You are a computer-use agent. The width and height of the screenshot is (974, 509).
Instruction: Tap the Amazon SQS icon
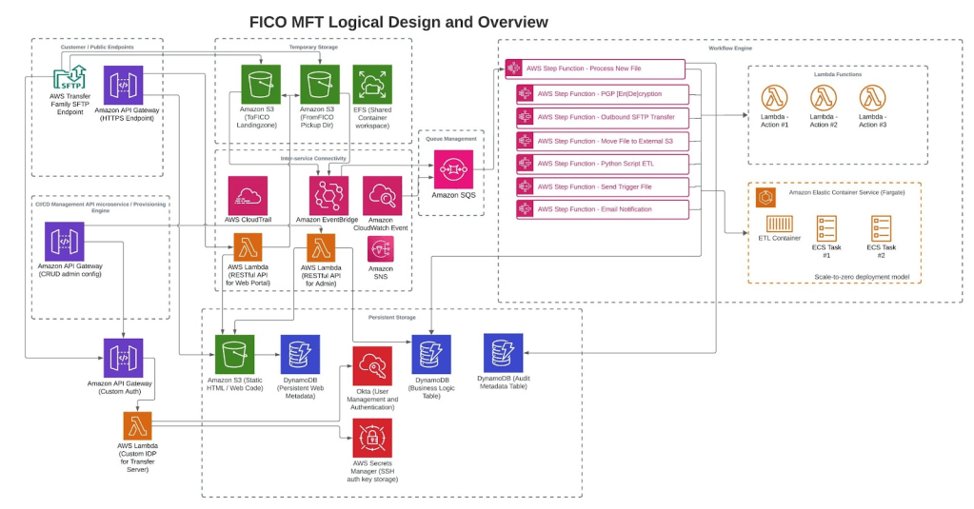tap(453, 169)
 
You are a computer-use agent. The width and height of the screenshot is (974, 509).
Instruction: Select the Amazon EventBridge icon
tap(328, 195)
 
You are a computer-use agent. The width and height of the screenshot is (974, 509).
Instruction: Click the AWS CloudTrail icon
tap(247, 195)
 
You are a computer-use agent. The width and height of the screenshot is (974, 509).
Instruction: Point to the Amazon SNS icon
tap(381, 249)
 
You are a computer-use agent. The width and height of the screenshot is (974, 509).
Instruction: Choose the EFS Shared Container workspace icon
tap(372, 84)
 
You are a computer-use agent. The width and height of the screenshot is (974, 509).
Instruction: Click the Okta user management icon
tap(372, 366)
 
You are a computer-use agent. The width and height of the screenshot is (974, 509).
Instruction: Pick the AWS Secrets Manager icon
tap(372, 437)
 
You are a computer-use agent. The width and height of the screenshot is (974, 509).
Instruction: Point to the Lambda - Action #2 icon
tap(824, 98)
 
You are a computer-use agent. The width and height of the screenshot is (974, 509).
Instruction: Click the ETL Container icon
tap(780, 225)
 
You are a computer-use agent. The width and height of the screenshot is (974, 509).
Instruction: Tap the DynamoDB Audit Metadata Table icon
tap(503, 353)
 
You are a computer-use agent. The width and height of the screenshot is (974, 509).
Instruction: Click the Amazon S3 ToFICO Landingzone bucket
tap(259, 84)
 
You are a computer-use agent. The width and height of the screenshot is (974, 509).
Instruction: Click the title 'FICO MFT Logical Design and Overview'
tap(398, 21)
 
